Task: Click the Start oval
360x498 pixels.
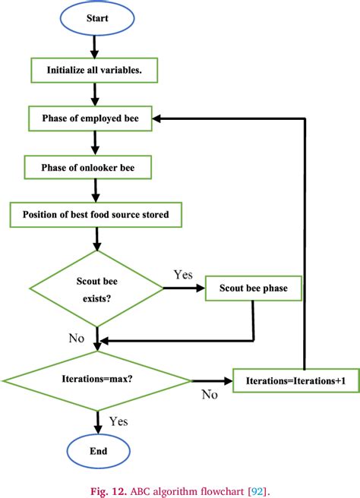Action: pyautogui.click(x=97, y=18)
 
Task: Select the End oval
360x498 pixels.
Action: pyautogui.click(x=99, y=451)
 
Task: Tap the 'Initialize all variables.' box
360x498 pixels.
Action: pyautogui.click(x=94, y=70)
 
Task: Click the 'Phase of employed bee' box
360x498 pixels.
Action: pyautogui.click(x=90, y=118)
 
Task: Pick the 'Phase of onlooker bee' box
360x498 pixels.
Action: pyautogui.click(x=87, y=167)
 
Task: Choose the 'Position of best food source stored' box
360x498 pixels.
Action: pyautogui.click(x=96, y=215)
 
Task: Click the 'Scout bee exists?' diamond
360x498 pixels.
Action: pyautogui.click(x=96, y=288)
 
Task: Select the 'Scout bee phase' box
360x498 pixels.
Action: pyautogui.click(x=253, y=288)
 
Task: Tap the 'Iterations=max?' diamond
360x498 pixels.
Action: pyautogui.click(x=97, y=380)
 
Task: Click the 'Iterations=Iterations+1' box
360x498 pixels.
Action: pyautogui.click(x=295, y=380)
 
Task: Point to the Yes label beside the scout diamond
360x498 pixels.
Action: pyautogui.click(x=183, y=274)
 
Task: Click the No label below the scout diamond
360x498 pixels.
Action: pyautogui.click(x=77, y=339)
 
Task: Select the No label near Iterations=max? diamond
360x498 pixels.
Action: pyautogui.click(x=210, y=395)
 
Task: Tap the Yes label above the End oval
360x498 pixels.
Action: pyautogui.click(x=118, y=421)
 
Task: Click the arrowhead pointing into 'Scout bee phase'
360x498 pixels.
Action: pyautogui.click(x=201, y=288)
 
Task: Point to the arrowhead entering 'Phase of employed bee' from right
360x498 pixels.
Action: pyautogui.click(x=156, y=118)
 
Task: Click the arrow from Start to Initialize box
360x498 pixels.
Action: pyautogui.click(x=94, y=47)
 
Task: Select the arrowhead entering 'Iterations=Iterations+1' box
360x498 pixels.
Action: pyautogui.click(x=228, y=380)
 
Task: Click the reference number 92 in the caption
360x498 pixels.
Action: pyautogui.click(x=257, y=491)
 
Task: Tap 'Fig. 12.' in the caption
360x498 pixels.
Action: pyautogui.click(x=109, y=491)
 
